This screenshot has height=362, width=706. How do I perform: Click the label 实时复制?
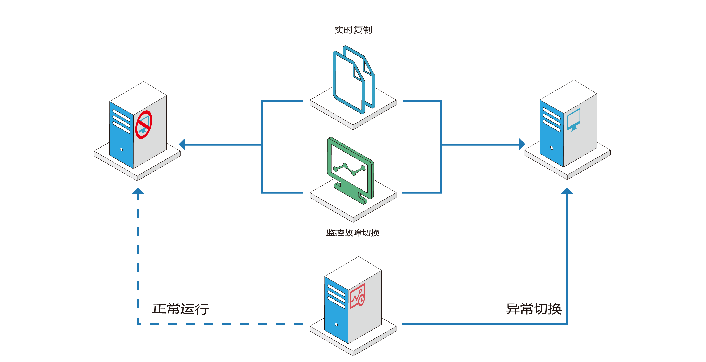tap(353, 30)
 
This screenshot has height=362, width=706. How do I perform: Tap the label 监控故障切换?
tap(353, 233)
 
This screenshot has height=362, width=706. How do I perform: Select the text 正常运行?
tap(180, 309)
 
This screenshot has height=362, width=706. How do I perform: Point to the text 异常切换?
tap(534, 309)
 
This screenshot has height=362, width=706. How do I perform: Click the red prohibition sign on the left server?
tap(144, 125)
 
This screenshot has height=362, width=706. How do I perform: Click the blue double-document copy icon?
tap(354, 80)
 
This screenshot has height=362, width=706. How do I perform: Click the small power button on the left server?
tap(121, 149)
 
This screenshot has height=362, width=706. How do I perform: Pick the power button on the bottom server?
tap(336, 325)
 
